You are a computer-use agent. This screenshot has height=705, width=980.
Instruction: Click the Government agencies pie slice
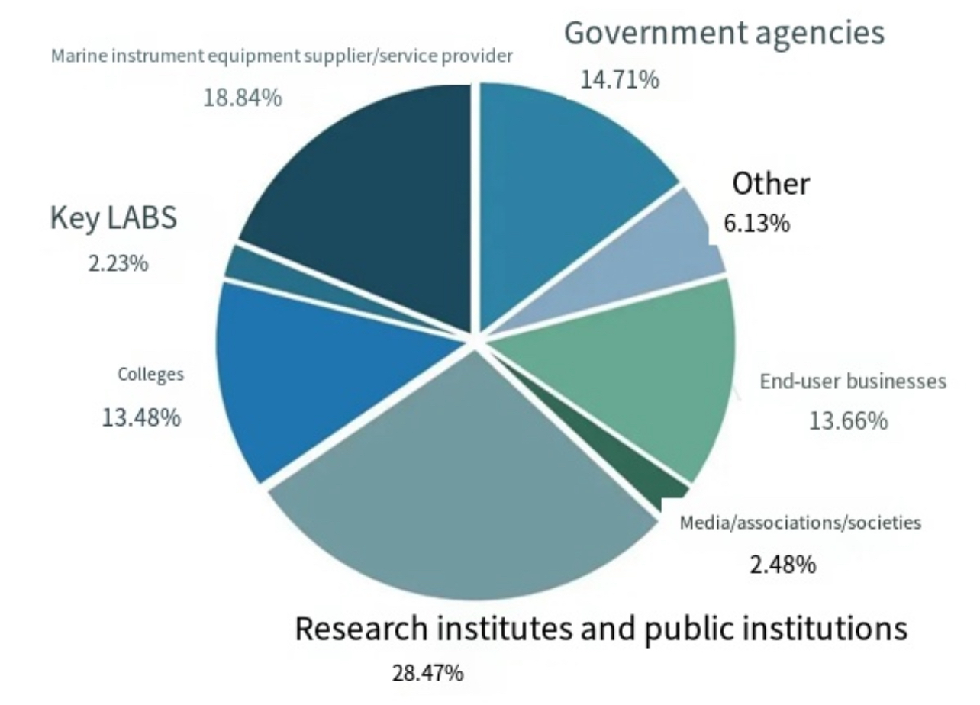[x=557, y=183]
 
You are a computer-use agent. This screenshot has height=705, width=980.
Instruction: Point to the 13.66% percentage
[x=848, y=420]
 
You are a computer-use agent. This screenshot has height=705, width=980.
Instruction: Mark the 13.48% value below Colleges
[x=141, y=417]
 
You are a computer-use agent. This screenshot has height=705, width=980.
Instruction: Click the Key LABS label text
[x=114, y=217]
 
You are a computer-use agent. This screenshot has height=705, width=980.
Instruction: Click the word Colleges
[x=151, y=375]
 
